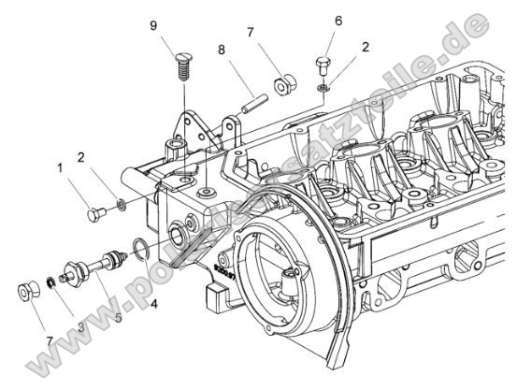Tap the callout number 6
[x=338, y=20]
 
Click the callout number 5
[x=118, y=318]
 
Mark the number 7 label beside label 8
[x=251, y=32]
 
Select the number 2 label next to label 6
[x=366, y=46]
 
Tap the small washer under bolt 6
[x=322, y=88]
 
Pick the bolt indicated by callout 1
[x=95, y=215]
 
